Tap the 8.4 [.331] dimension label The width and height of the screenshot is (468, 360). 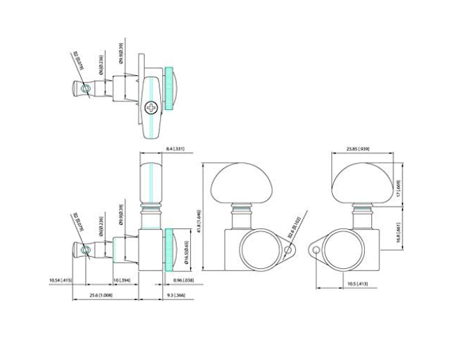[175, 148]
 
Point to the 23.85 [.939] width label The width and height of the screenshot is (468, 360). [357, 148]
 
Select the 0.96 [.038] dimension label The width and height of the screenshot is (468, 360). [184, 281]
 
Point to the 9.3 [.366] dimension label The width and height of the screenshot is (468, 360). [175, 296]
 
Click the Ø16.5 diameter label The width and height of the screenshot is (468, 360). [186, 246]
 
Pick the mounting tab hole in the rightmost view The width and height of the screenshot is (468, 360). [313, 249]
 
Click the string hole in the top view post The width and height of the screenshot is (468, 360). [85, 89]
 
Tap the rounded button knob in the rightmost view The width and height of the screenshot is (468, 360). [358, 182]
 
